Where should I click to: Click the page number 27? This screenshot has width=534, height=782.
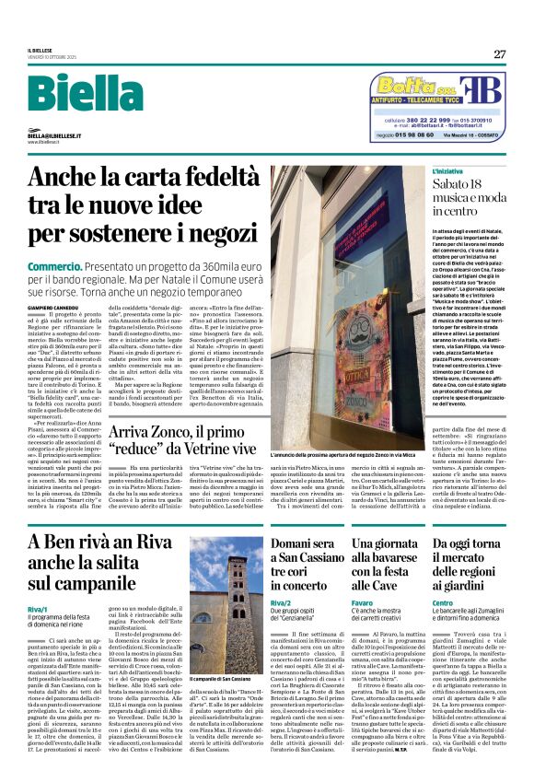499,53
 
